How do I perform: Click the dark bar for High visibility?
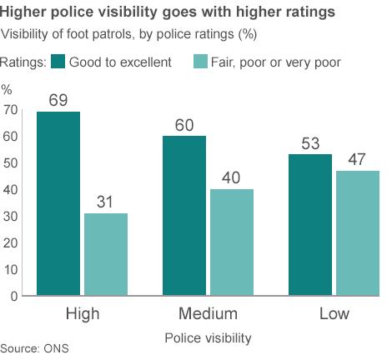58,203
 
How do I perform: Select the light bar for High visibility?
104,254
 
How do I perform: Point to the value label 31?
104,202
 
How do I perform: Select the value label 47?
356,160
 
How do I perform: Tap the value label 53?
309,143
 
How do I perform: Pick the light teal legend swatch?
200,62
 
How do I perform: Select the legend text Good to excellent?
120,62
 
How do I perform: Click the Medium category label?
208,314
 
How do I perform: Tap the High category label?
82,314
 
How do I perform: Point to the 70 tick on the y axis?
10,110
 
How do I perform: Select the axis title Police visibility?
208,337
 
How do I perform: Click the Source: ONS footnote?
34,348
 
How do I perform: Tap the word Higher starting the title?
26,12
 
